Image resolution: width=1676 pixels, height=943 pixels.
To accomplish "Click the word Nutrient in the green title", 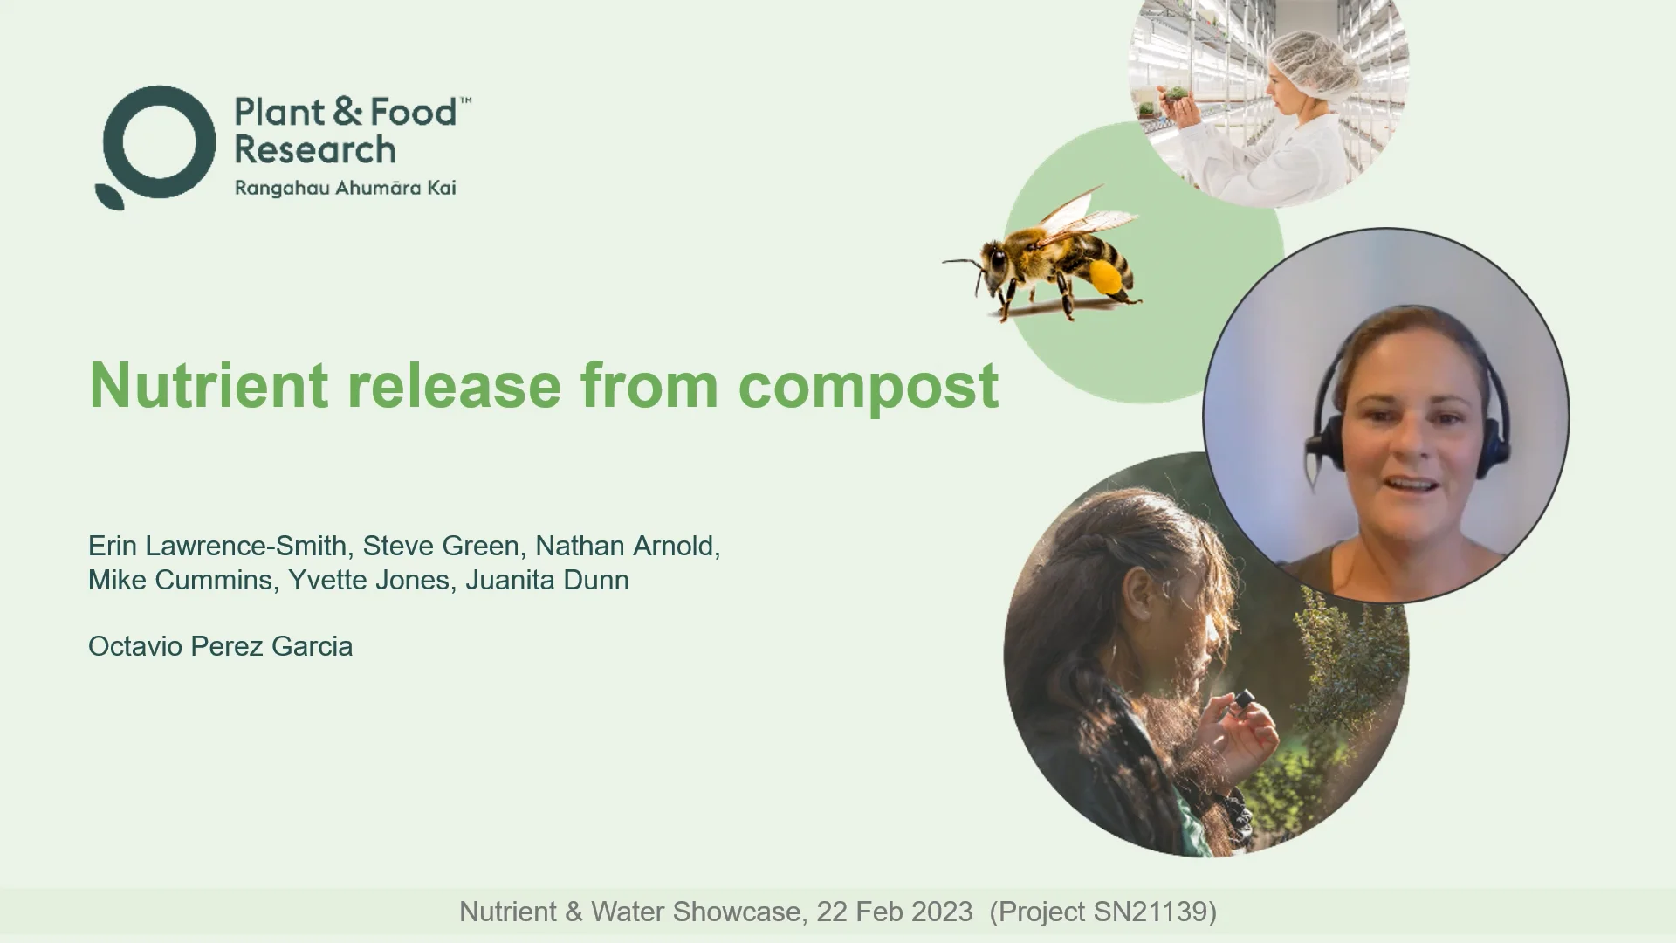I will (209, 385).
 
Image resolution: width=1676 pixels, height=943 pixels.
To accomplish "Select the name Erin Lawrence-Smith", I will (217, 546).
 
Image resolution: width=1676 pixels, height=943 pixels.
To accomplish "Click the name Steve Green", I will (440, 546).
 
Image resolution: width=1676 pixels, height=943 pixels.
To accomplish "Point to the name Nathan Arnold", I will (626, 546).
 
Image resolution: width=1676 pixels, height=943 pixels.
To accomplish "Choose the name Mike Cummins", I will (180, 580).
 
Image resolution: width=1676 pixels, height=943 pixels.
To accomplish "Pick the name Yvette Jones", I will (368, 580).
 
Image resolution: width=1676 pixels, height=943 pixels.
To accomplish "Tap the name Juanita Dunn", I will (546, 580).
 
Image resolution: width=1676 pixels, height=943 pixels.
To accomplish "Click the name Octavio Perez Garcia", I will (220, 646).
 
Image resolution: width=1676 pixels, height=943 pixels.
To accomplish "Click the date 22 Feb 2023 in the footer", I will (894, 912).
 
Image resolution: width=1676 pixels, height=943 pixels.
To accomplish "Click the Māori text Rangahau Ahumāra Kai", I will (345, 188).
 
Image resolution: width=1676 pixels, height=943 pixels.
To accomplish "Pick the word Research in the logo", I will (315, 149).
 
